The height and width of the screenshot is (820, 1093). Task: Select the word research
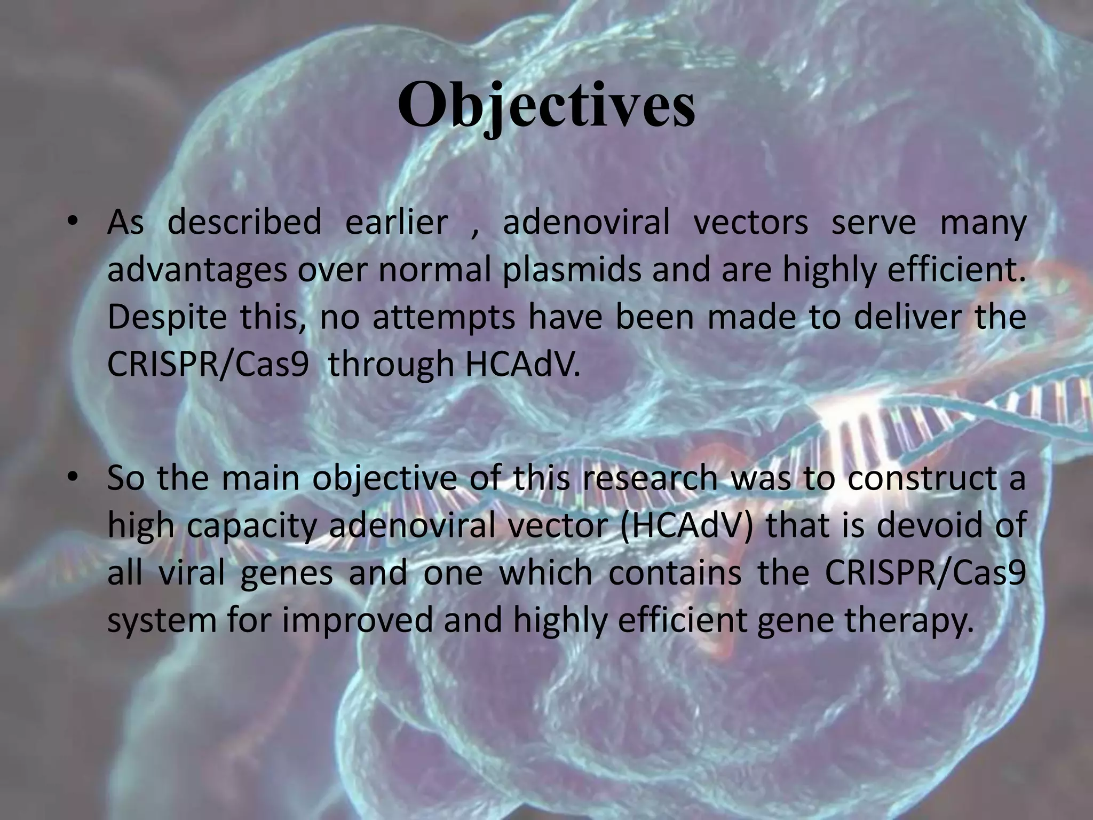650,478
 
